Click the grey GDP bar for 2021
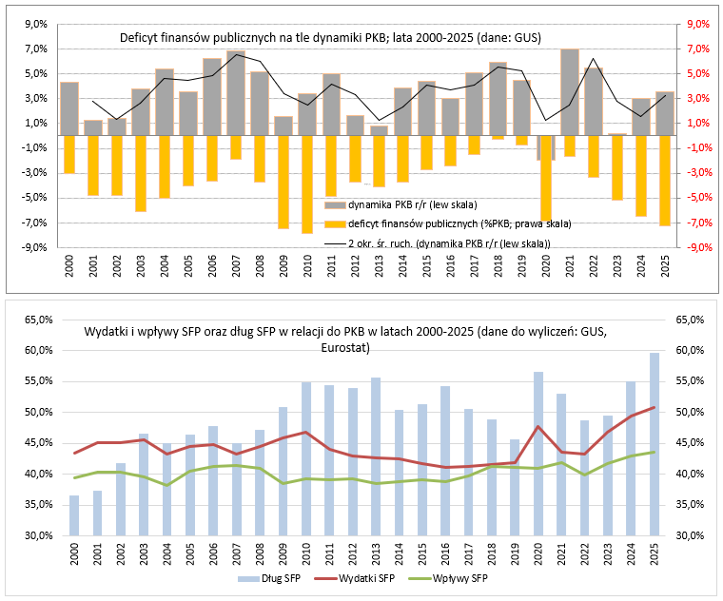[x=569, y=91]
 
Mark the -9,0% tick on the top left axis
[x=34, y=247]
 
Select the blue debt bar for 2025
[x=655, y=443]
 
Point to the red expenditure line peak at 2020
[x=538, y=426]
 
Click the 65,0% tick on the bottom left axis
[x=35, y=320]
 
